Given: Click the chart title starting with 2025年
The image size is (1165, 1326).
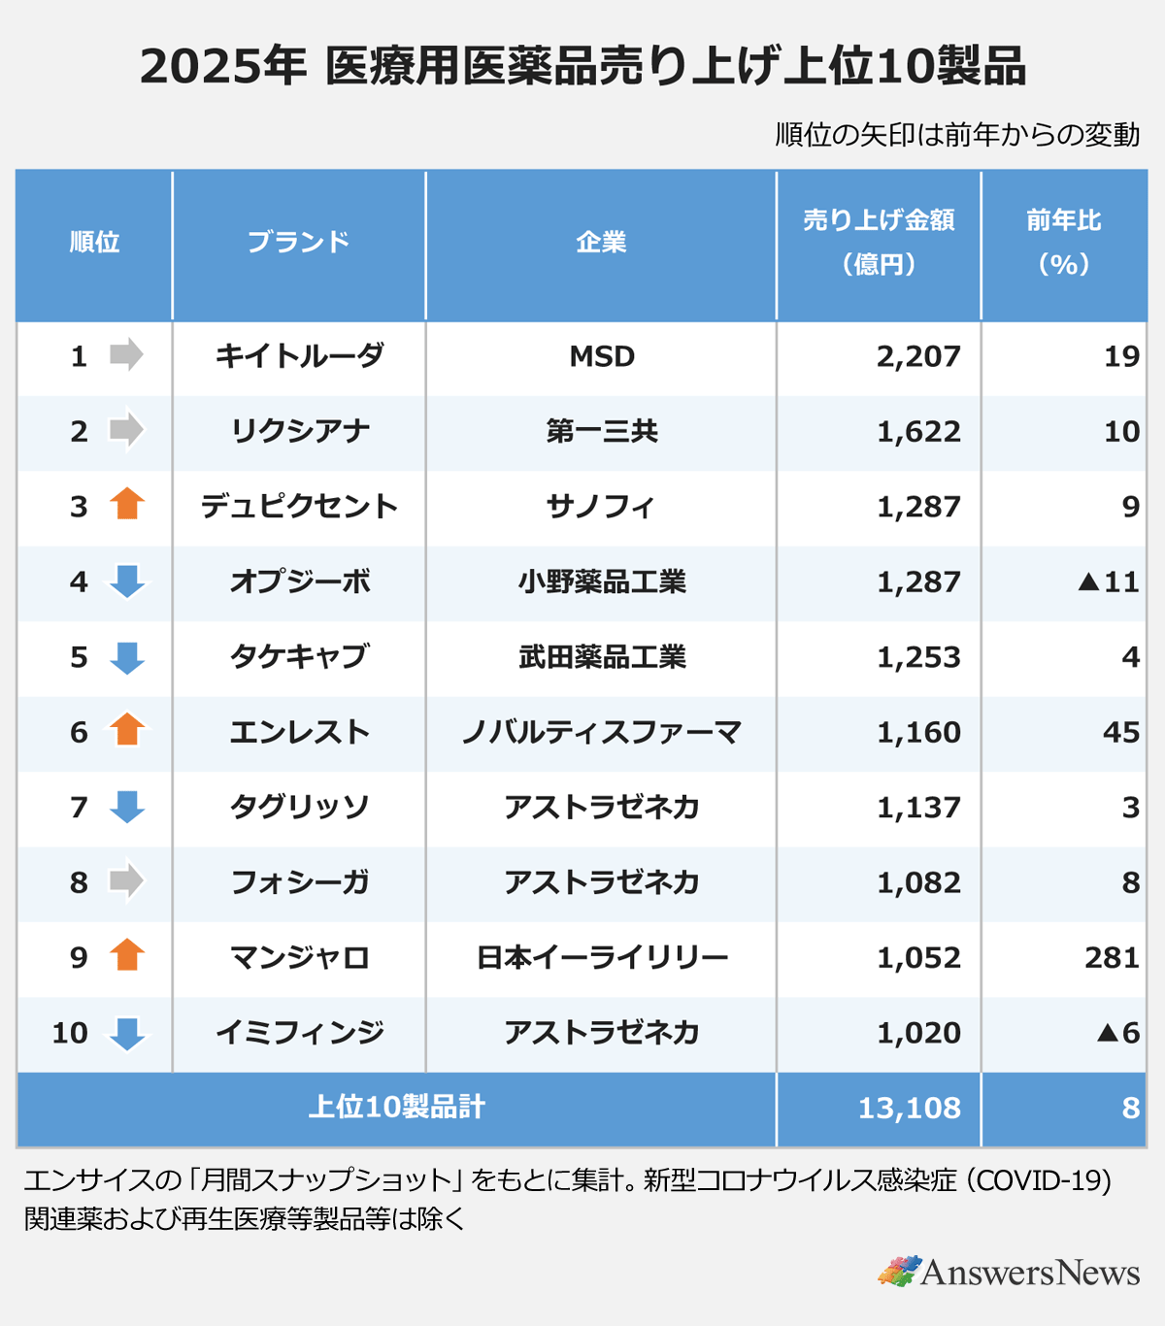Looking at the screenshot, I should tap(582, 66).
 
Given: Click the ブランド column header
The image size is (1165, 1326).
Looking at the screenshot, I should tap(298, 242).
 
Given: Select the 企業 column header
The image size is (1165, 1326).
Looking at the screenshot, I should tap(601, 242).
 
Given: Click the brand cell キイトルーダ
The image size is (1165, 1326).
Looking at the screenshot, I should tap(299, 356).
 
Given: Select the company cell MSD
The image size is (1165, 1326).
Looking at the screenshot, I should tap(602, 356).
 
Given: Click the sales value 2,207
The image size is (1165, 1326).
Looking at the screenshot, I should tap(918, 356).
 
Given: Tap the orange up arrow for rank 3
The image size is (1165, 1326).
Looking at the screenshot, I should tap(127, 505).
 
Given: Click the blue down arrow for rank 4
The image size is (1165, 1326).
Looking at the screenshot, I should tap(127, 581).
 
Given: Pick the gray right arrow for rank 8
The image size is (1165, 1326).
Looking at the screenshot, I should tap(126, 881).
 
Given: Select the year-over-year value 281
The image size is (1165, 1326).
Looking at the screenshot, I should tap(1112, 957).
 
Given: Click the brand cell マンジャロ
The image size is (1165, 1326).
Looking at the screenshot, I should tap(299, 957).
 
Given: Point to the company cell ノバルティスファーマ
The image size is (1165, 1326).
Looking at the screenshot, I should tap(602, 732).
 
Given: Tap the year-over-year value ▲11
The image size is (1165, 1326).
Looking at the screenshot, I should tap(1109, 581).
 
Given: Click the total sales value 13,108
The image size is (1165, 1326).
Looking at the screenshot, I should tap(909, 1108).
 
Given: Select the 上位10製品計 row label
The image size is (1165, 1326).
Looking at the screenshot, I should tap(396, 1108).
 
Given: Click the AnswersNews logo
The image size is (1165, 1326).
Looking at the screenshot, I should tap(1009, 1272).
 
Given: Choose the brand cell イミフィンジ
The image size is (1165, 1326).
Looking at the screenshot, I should tap(299, 1032).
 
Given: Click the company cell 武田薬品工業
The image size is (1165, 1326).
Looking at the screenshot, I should tap(602, 657).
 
